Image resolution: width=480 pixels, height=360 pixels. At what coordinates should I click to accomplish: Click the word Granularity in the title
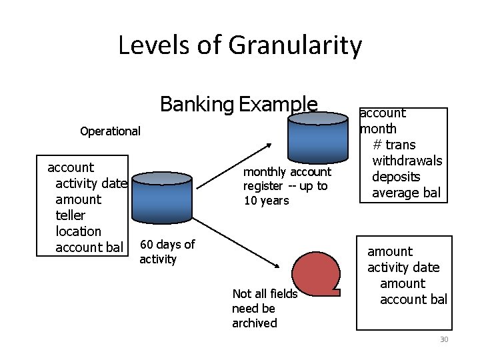[x=295, y=46]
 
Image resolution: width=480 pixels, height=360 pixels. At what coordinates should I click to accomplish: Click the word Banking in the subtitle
[x=197, y=105]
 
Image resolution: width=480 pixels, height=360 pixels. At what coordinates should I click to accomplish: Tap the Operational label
[x=110, y=131]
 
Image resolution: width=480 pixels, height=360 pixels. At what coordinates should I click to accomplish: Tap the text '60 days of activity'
[x=167, y=252]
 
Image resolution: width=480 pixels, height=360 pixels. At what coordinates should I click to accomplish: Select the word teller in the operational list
[x=71, y=215]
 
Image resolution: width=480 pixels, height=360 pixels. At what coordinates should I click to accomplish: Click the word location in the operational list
[x=78, y=231]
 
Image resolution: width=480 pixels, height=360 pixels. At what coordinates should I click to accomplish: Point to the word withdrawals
[x=407, y=161]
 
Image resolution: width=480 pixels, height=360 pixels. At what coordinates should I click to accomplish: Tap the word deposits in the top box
[x=396, y=177]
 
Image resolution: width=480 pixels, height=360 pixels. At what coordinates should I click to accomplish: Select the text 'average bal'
[x=406, y=193]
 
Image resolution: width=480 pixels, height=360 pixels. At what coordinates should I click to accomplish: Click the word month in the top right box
[x=378, y=129]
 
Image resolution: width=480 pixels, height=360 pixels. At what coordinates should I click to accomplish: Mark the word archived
[x=254, y=323]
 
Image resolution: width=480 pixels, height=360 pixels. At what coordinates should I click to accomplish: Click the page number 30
[x=444, y=340]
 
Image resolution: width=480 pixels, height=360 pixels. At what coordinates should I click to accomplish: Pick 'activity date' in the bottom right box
[x=403, y=267]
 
